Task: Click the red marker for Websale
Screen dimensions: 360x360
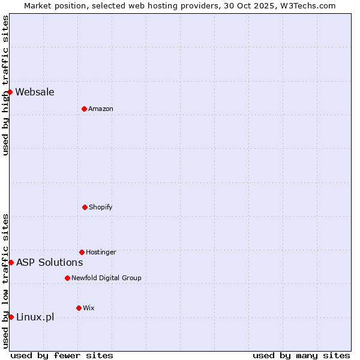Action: point(10,92)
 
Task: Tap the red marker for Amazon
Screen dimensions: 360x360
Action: point(84,109)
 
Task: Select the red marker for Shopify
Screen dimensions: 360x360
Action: point(85,207)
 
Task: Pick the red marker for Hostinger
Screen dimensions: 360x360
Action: point(82,252)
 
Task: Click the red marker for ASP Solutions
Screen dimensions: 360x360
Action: point(11,262)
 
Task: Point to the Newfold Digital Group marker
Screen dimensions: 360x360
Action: point(67,278)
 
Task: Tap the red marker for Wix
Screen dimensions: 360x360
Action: point(79,308)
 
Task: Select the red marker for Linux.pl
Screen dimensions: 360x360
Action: point(11,317)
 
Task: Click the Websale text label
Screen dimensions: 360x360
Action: point(35,92)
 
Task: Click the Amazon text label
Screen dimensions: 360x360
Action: point(101,109)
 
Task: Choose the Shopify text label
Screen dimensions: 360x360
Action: point(101,207)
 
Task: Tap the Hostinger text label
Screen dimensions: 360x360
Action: point(101,252)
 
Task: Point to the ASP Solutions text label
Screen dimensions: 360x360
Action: point(49,262)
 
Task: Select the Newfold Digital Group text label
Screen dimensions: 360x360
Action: point(106,278)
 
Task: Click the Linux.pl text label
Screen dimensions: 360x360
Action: point(35,317)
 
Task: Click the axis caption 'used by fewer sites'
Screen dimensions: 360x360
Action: point(62,355)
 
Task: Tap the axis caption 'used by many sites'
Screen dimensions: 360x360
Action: point(301,355)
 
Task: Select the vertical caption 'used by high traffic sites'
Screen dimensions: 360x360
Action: point(5,85)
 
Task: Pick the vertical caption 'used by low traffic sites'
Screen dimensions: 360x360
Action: point(5,281)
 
